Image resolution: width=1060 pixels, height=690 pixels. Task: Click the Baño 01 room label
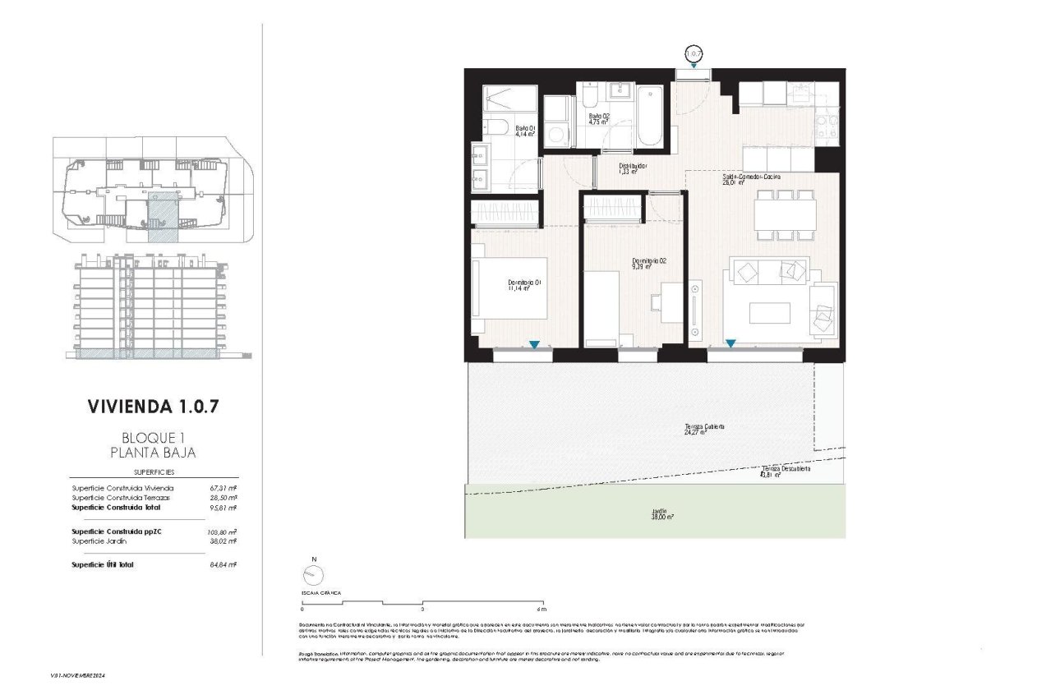click(526, 129)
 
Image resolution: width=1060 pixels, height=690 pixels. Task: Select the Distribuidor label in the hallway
click(634, 168)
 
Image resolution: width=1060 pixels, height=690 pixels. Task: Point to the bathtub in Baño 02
click(649, 114)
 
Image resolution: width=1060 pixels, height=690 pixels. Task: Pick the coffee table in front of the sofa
click(769, 313)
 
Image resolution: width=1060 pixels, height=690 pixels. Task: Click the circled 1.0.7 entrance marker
click(694, 54)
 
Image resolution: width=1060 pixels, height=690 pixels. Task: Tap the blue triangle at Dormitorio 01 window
click(534, 345)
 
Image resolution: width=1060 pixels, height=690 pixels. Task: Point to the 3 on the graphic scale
click(422, 609)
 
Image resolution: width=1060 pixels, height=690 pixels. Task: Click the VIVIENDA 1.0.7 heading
click(154, 406)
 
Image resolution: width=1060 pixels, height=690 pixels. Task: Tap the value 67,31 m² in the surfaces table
click(223, 488)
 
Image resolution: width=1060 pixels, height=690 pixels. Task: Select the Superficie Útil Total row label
click(103, 565)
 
